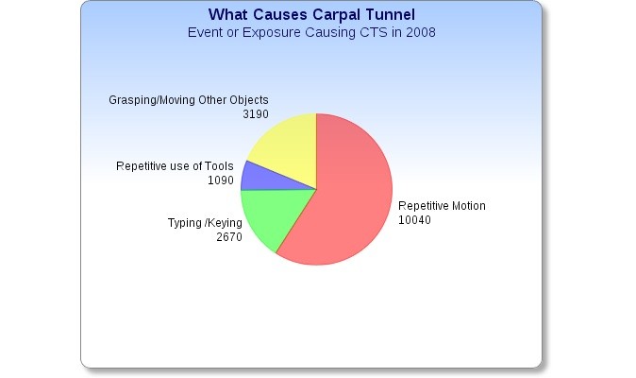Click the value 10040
tap(414, 220)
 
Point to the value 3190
tap(256, 114)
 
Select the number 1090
tap(221, 180)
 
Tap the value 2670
tap(229, 237)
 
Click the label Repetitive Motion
tap(442, 206)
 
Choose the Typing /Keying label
tap(205, 223)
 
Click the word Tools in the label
tap(219, 166)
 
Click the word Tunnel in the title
tap(391, 14)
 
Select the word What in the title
tap(228, 14)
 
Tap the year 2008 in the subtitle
tap(421, 32)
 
